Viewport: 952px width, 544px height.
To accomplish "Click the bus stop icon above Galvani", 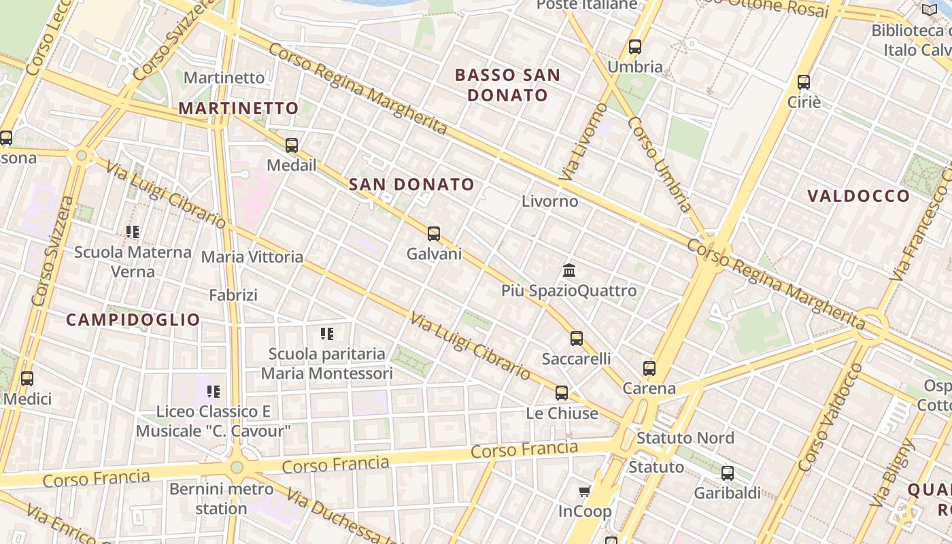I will pos(434,234).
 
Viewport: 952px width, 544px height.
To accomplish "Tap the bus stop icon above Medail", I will pos(292,145).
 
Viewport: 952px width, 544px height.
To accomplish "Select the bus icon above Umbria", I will pos(635,47).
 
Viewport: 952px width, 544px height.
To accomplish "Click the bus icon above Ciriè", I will pos(804,82).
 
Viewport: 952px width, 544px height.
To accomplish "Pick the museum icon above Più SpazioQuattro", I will pos(570,271).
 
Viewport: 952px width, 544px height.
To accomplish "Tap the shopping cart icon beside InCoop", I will pos(584,491).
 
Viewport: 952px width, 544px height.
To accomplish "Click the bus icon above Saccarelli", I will pos(577,338).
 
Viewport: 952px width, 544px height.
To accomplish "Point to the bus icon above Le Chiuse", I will pos(562,392).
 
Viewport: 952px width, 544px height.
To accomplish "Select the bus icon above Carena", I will pos(649,369).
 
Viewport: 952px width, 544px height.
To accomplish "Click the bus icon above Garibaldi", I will pos(728,473).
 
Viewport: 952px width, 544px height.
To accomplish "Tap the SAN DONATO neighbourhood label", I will pos(411,184).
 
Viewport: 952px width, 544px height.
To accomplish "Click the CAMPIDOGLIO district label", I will pos(133,320).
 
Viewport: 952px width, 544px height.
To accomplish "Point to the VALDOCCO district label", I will pos(858,196).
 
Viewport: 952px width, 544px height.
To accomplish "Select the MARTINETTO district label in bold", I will pos(238,108).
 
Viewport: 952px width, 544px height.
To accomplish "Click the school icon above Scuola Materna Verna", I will pos(133,232).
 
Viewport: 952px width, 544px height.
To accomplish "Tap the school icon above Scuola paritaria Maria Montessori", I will pos(327,334).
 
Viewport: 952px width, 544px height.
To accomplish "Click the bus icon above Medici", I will pos(27,379).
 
